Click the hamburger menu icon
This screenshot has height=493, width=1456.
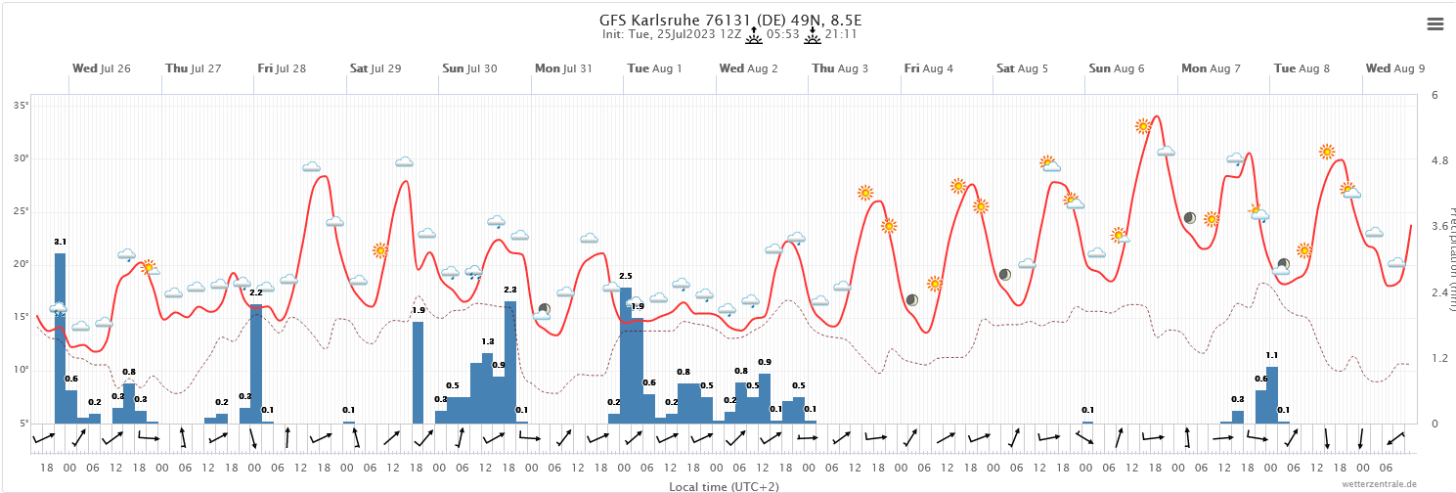[x=1435, y=24]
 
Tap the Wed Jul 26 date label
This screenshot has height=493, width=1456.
[x=102, y=68]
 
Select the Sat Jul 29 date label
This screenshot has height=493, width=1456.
[x=375, y=68]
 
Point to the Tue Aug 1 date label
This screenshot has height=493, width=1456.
[x=654, y=68]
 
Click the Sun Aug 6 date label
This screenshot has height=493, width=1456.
[x=1117, y=68]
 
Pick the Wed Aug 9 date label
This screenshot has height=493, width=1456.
[x=1395, y=68]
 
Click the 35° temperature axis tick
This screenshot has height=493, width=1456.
[x=22, y=105]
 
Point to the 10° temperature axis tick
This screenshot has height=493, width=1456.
[x=22, y=369]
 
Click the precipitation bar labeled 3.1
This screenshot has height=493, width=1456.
[x=61, y=337]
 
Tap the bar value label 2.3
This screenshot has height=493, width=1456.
[x=509, y=290]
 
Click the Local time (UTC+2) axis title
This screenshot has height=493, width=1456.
[x=725, y=486]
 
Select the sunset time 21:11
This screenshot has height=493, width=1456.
[x=841, y=34]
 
